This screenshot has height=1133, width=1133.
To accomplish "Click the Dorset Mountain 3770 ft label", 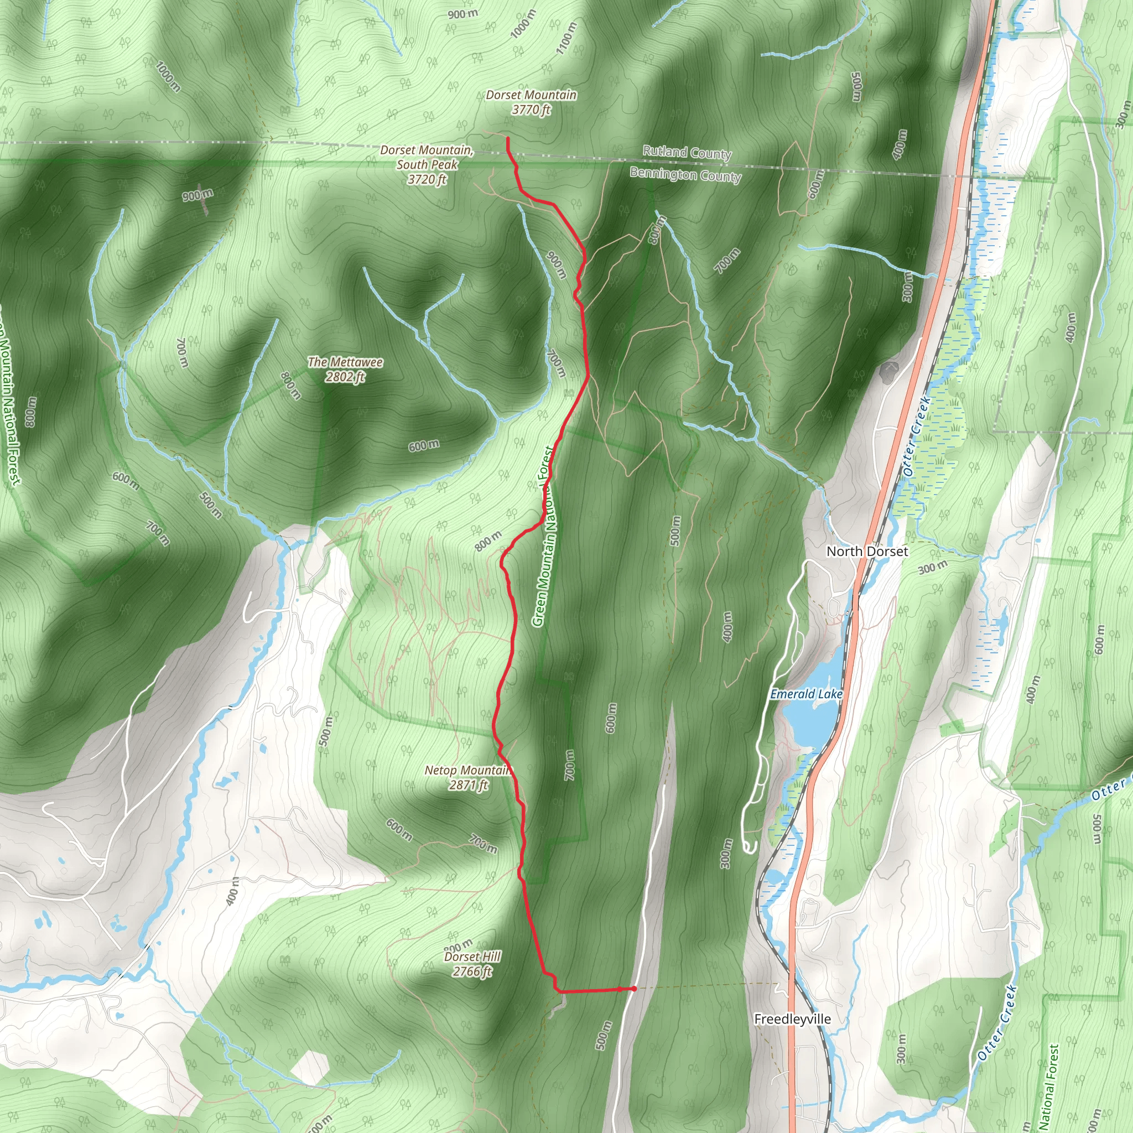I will [531, 102].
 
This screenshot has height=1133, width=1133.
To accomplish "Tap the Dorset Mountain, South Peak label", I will [427, 165].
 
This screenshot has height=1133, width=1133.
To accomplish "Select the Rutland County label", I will [687, 153].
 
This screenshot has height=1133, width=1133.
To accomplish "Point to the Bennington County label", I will [685, 175].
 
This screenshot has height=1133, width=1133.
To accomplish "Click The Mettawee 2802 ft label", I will [345, 370].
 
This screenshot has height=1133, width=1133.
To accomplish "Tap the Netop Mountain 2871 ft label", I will [468, 777].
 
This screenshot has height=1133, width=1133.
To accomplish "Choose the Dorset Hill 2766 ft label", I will [472, 964].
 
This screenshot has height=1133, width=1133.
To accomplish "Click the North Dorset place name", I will [867, 551].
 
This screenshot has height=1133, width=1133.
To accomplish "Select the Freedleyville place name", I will [792, 1019].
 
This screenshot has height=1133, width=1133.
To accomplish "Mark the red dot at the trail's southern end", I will [634, 989].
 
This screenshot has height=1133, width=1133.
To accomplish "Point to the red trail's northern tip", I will [507, 138].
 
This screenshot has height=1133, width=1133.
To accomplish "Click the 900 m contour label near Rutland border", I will [198, 195].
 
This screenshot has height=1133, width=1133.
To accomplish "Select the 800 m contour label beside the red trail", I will [488, 540].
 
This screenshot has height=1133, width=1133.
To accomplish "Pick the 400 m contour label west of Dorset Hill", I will [233, 891].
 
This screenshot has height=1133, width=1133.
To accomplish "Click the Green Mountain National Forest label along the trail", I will [543, 537].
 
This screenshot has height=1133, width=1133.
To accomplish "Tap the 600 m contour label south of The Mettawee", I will [423, 446].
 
